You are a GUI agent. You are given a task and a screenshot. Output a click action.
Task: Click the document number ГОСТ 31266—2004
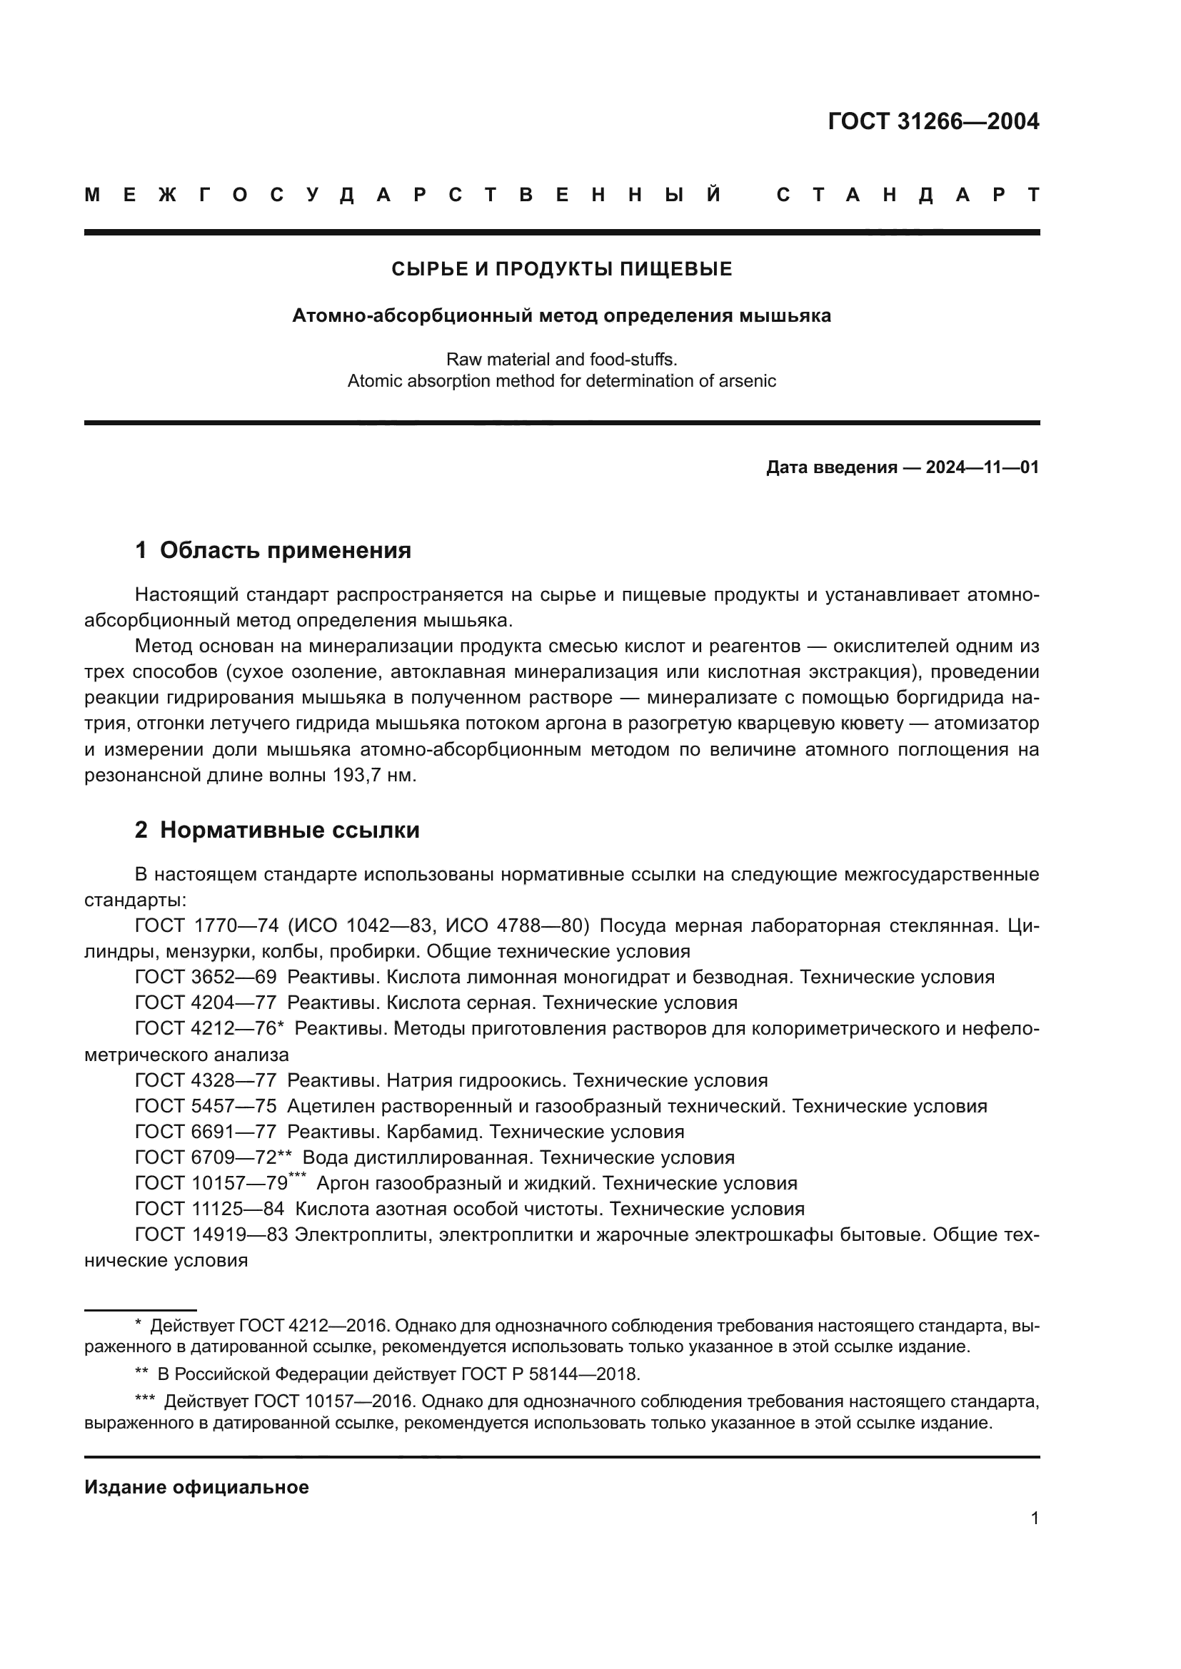coord(933,121)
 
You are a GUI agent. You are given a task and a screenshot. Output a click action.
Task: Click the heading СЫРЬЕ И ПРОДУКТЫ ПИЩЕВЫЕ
coord(561,270)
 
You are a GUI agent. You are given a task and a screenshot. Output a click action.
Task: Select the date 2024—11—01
coord(982,467)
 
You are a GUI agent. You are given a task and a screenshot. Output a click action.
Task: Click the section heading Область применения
coord(285,550)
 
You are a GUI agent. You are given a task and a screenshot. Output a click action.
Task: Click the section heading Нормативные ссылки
coord(289,829)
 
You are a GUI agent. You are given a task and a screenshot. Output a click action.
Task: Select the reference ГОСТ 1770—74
coord(206,926)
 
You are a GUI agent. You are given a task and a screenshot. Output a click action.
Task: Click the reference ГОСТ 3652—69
coord(206,977)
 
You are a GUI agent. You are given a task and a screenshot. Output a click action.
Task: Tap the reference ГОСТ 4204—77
coord(206,1003)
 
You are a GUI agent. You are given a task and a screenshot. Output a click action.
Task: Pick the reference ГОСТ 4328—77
coord(206,1080)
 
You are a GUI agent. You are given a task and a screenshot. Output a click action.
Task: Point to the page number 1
coord(1034,1518)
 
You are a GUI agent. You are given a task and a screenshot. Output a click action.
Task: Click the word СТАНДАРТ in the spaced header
coord(908,195)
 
